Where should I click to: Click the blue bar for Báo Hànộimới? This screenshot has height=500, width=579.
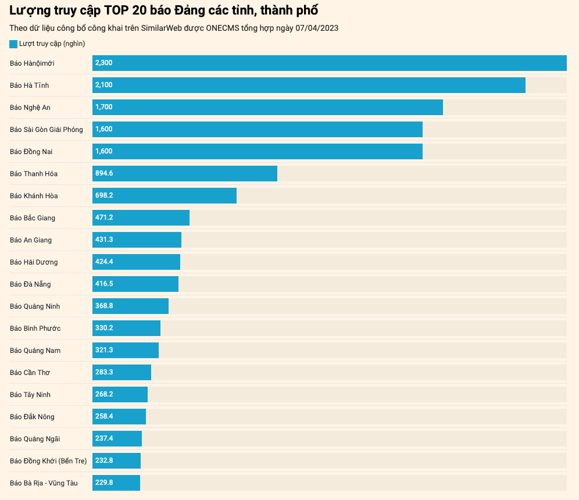coord(330,63)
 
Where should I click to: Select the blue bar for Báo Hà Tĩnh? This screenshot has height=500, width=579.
coord(309,85)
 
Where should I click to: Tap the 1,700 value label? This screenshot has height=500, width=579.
coord(104,107)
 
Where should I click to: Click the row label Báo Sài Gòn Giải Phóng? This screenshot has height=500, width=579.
coord(47,130)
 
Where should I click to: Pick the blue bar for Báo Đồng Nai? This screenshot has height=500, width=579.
coord(258,151)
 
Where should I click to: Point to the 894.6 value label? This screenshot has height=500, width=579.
coord(104,173)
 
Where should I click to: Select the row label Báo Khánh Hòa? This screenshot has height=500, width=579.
coord(34,196)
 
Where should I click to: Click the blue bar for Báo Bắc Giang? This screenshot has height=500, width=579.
coord(141,217)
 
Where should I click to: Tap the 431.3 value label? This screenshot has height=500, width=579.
coord(104,240)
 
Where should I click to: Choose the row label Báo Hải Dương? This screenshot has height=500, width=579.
coord(34,262)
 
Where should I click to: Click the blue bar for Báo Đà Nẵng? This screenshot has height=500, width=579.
coord(135,284)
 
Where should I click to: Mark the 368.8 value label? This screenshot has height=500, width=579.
coord(104,306)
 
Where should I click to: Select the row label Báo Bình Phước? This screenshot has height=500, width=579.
coord(35,328)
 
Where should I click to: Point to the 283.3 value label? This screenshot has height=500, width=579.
coord(104,372)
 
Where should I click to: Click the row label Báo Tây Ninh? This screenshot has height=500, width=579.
coord(30,395)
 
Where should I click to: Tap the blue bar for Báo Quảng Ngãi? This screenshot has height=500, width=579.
coord(117,438)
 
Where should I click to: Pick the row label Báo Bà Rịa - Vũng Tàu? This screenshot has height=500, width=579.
coord(44,483)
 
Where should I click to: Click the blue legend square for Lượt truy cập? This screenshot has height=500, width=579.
coord(13,44)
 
